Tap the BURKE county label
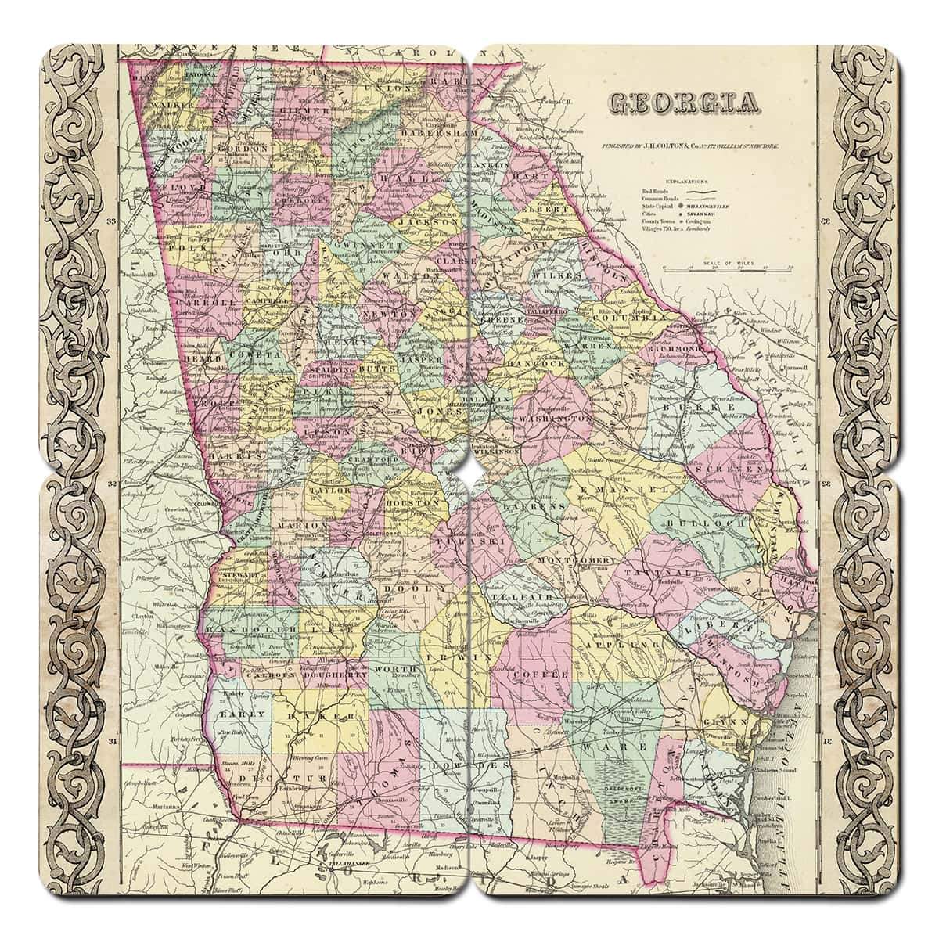pyautogui.click(x=685, y=409)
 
